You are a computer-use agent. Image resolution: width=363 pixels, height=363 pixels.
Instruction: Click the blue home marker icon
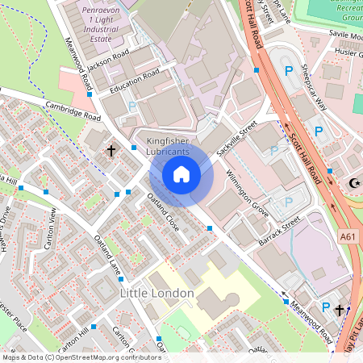pos(181,173)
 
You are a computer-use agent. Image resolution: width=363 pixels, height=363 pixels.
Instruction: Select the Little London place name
pos(156,293)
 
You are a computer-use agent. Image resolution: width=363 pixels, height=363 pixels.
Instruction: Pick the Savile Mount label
pos(345,35)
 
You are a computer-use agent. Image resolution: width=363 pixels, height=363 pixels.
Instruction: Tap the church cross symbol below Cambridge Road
pos(111,150)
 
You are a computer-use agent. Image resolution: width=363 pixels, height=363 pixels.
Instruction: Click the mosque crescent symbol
pos(353,184)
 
